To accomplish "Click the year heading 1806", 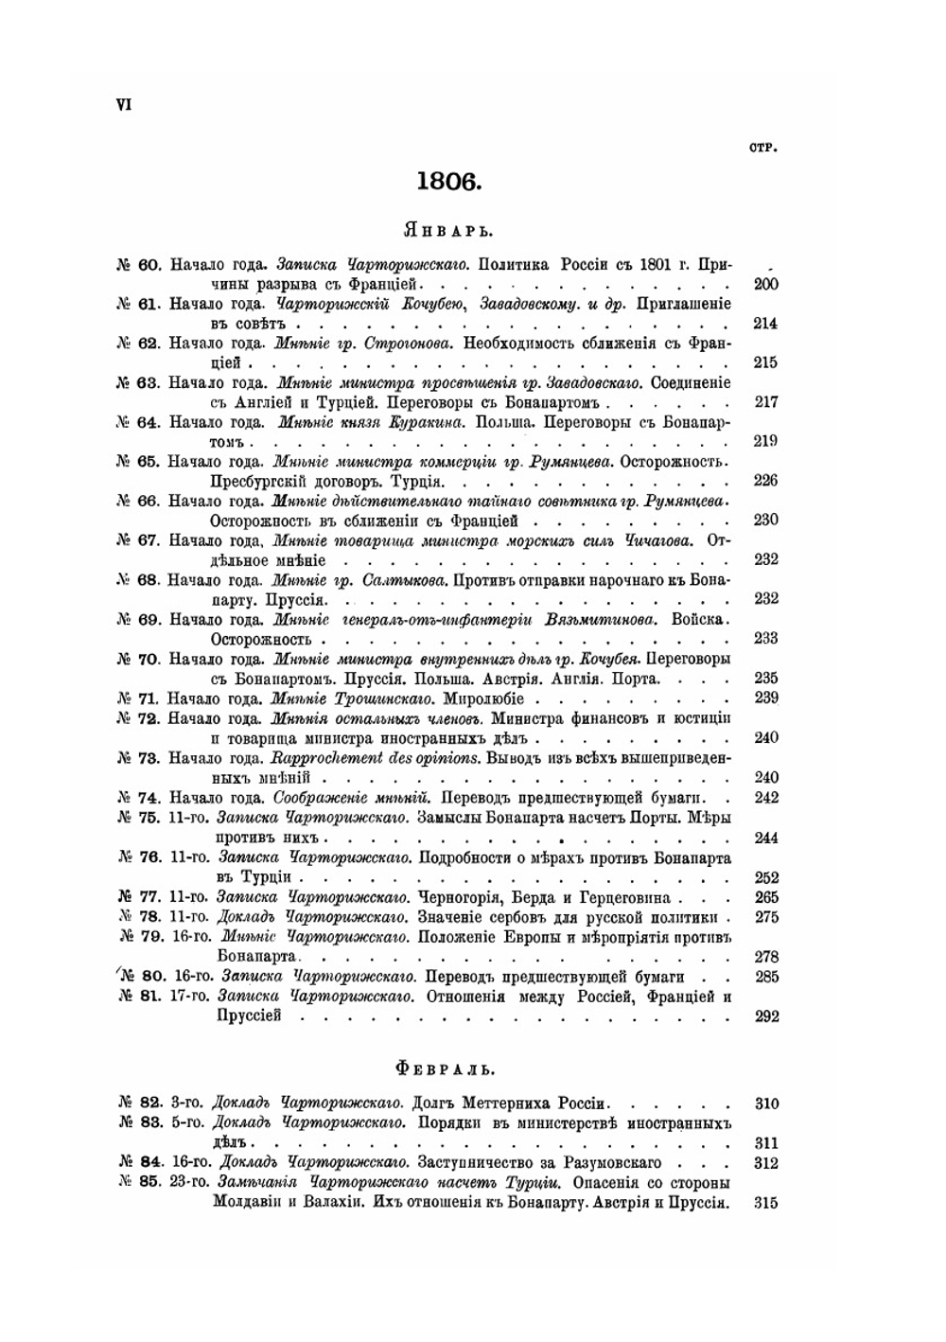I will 449,181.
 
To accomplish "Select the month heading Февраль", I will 446,1069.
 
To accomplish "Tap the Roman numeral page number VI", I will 123,105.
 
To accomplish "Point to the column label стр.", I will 762,148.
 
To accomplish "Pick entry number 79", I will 151,937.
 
